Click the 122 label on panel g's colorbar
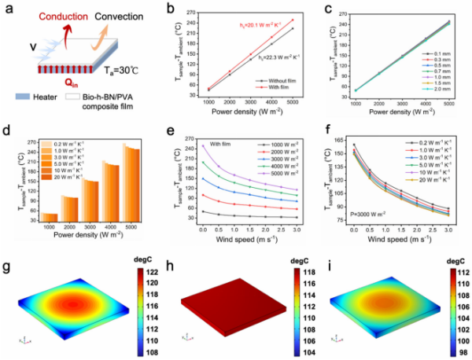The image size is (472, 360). pos(146,269)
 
